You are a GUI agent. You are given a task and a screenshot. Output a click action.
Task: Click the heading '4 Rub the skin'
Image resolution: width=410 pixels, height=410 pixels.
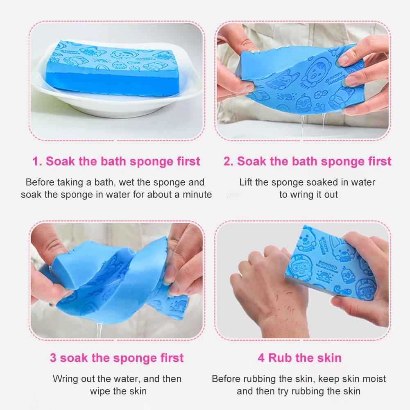(299, 358)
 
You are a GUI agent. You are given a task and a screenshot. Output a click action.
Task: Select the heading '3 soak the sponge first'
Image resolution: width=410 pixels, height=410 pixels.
(117, 358)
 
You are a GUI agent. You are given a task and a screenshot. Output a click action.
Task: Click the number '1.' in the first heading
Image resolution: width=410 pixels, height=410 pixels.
(37, 161)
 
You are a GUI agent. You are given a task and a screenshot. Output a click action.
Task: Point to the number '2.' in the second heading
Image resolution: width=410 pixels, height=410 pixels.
(229, 161)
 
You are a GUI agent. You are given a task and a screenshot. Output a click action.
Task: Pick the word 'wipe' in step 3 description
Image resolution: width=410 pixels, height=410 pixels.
(100, 391)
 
